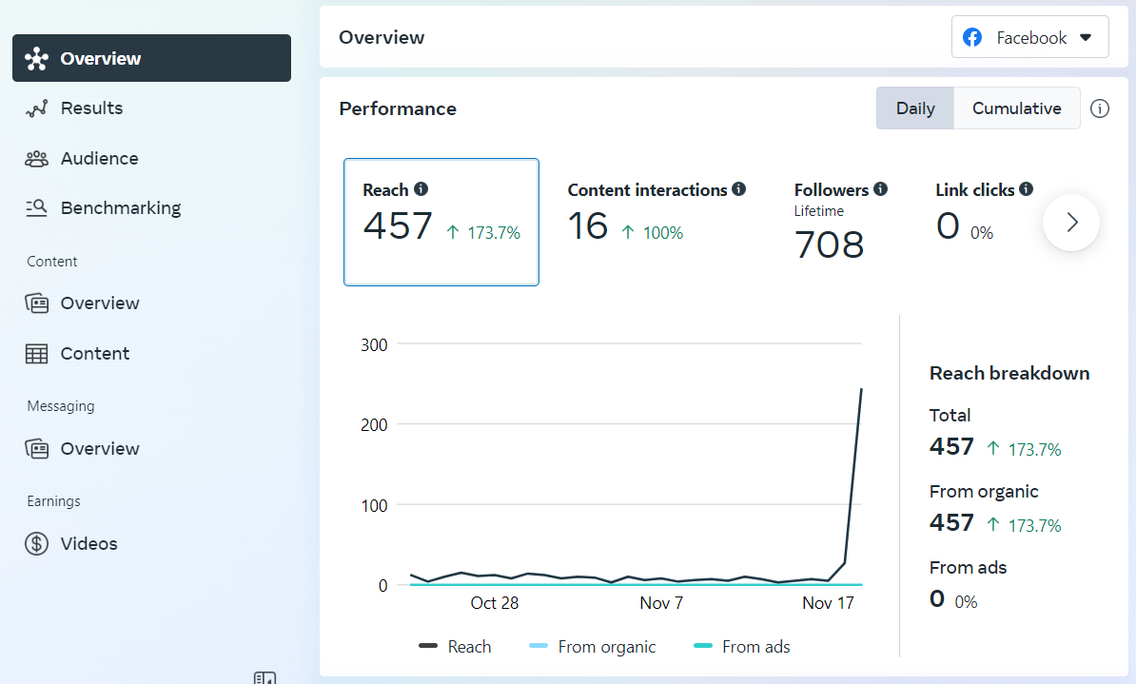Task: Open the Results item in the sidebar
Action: (91, 108)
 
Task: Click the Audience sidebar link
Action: (99, 159)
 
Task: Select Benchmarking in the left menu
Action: (120, 208)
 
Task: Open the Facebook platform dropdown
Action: (1029, 38)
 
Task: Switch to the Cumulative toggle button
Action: (1016, 108)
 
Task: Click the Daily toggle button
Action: (915, 108)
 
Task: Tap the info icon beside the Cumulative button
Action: (1100, 108)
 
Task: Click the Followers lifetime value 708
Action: (829, 244)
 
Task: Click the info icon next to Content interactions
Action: (739, 189)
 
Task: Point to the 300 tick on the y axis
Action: (374, 344)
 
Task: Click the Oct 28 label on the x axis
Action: (495, 603)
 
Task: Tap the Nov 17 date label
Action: (828, 603)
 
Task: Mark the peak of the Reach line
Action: (861, 389)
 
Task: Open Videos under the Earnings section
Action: (88, 544)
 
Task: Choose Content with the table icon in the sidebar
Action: (94, 354)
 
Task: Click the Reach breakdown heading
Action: (1009, 373)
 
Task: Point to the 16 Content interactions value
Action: (587, 226)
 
